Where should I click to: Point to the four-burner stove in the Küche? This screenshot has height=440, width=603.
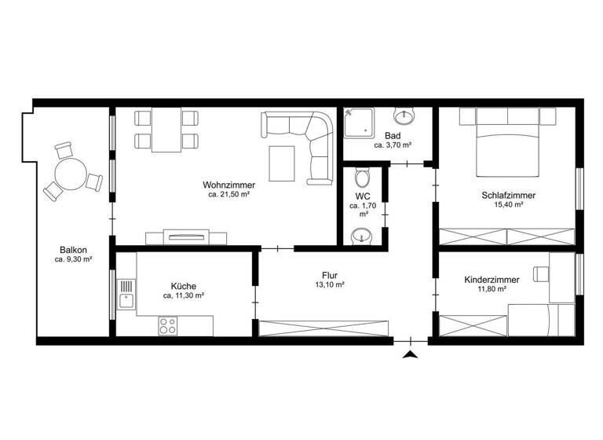[x=167, y=325]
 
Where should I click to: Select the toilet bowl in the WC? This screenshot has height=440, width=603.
[x=361, y=175]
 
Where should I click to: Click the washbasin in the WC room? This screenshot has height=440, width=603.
[x=361, y=234]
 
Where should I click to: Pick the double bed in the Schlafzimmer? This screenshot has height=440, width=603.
[x=507, y=144]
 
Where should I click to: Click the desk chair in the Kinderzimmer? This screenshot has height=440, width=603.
[x=543, y=273]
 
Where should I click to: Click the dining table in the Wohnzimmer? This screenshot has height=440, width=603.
[x=166, y=130]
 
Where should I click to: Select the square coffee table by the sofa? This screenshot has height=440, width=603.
[x=283, y=162]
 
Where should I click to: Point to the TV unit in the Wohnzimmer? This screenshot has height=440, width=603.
[x=187, y=236]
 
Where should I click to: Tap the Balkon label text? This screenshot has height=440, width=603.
[x=73, y=251]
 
